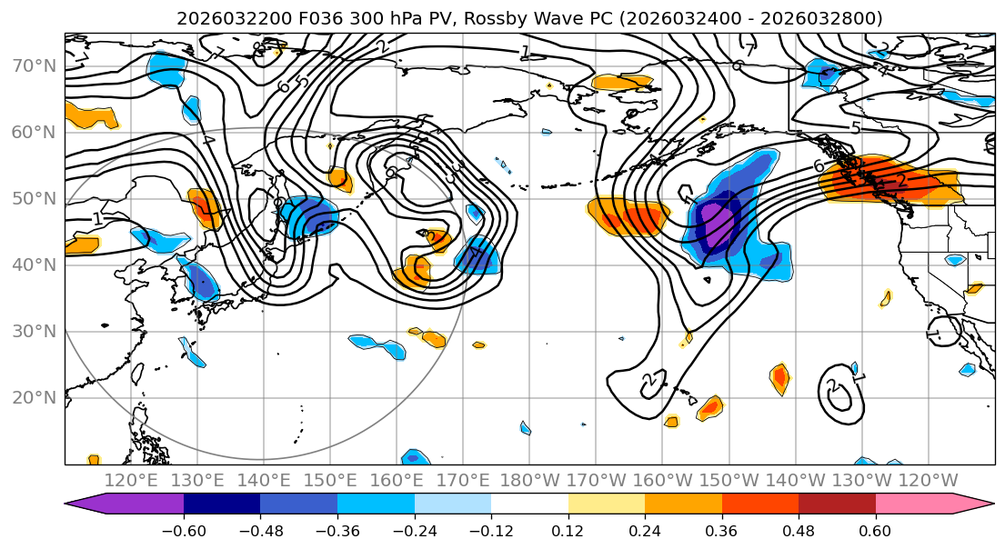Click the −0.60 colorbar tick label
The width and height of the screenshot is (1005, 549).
coord(184,529)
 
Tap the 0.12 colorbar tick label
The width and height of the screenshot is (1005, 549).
coord(568,529)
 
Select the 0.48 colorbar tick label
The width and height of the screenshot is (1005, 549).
coord(799,529)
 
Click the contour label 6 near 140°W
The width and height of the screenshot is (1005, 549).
coord(819,166)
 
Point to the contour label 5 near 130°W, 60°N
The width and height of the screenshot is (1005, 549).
coord(855,128)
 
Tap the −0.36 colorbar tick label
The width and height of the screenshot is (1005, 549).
coord(337,529)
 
